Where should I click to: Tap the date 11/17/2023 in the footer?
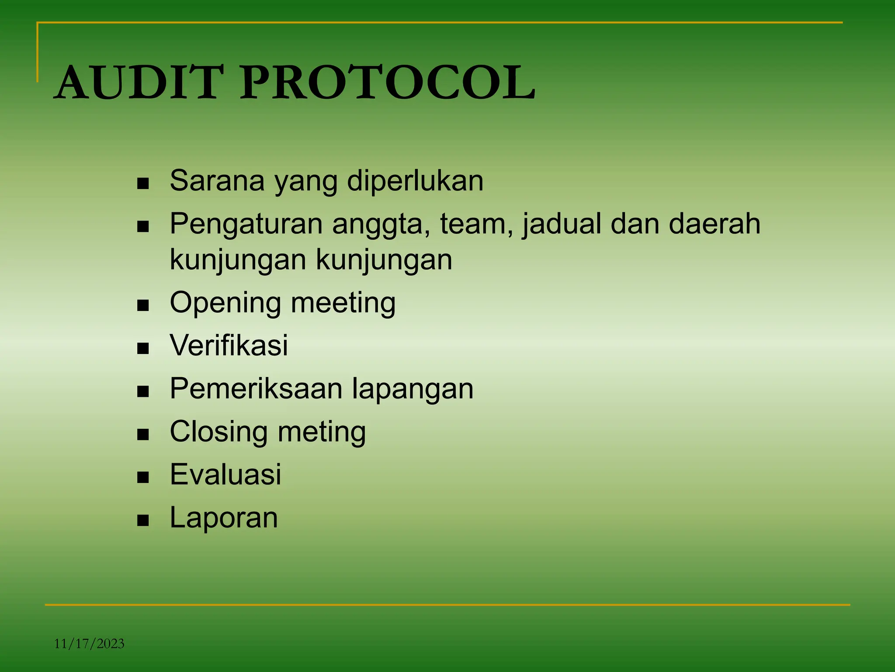[89, 644]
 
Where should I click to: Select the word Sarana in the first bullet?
[217, 180]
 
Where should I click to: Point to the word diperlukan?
[415, 180]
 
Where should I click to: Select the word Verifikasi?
[229, 345]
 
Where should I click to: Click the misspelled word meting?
[322, 432]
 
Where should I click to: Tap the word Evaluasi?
[225, 474]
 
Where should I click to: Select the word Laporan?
[224, 518]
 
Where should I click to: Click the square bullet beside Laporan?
[143, 520]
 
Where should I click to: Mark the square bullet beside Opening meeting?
[143, 305]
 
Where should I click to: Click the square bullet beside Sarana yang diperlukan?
[143, 183]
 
